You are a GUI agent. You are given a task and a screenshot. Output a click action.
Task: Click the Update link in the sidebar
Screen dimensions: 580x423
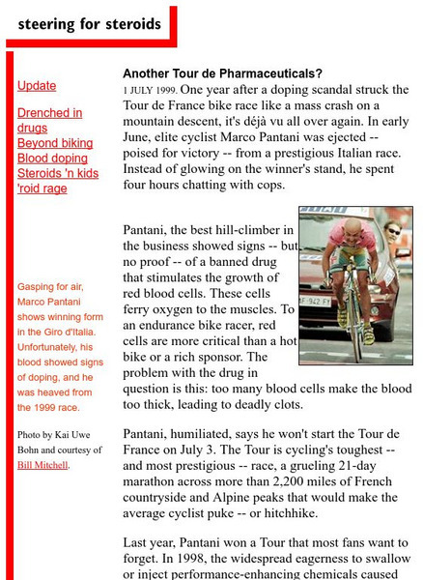(x=37, y=86)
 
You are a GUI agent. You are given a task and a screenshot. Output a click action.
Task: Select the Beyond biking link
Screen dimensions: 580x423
(x=54, y=143)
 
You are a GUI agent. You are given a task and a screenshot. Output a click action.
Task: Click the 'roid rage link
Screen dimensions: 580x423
(x=42, y=188)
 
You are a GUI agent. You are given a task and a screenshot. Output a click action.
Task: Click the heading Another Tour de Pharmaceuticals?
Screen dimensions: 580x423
(x=222, y=73)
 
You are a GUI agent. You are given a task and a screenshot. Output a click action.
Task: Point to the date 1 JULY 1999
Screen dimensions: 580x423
(x=152, y=90)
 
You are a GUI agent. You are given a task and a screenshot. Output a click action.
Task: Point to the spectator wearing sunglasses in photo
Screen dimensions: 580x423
(x=390, y=233)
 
